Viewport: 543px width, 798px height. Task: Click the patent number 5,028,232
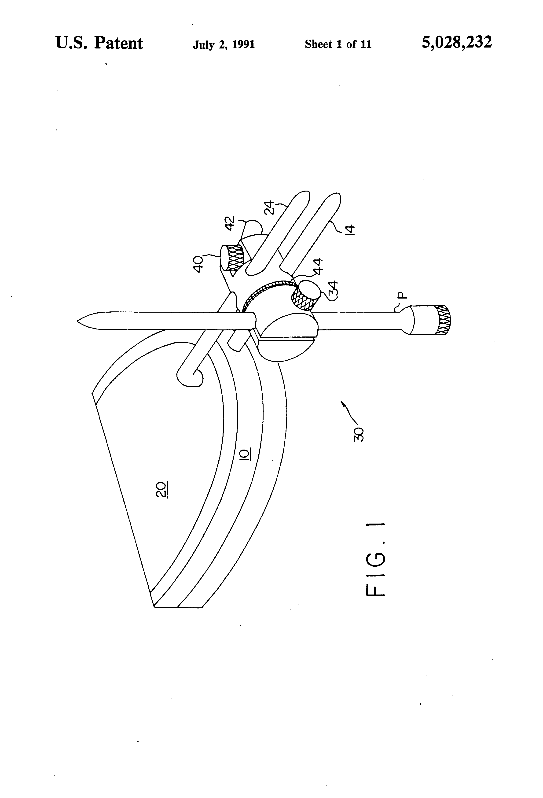pyautogui.click(x=456, y=43)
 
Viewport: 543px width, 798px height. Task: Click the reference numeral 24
pyautogui.click(x=271, y=207)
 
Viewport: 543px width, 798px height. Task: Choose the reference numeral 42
pyautogui.click(x=230, y=223)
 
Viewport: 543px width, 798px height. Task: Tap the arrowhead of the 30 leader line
pyautogui.click(x=342, y=403)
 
